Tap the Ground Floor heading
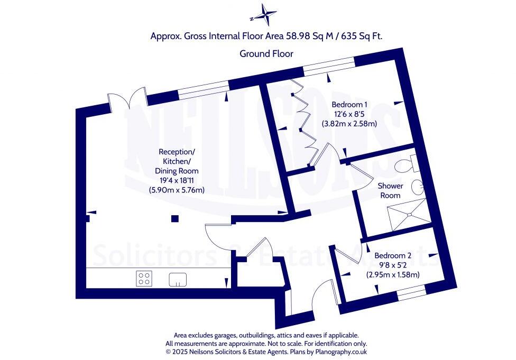click(x=266, y=53)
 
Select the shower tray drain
click(x=409, y=215)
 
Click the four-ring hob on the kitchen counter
click(x=143, y=278)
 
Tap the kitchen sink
click(x=178, y=279)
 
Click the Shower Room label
click(x=390, y=190)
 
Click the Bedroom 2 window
click(x=411, y=291)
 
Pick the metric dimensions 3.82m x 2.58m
click(x=349, y=124)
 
